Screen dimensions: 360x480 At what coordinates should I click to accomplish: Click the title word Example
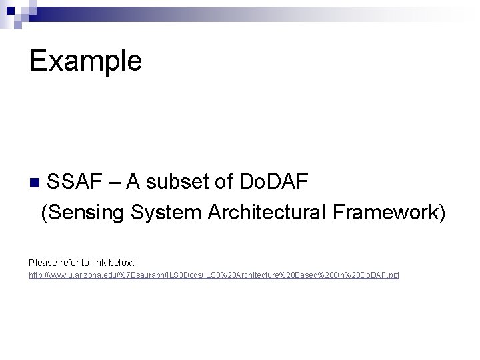pyautogui.click(x=85, y=61)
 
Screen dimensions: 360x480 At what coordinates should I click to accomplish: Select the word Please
pyautogui.click(x=43, y=263)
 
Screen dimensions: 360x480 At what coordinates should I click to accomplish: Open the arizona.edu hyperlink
pyautogui.click(x=213, y=275)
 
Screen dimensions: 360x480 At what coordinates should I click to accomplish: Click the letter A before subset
pyautogui.click(x=133, y=181)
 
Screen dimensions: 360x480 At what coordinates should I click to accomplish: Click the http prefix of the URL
pyautogui.click(x=36, y=275)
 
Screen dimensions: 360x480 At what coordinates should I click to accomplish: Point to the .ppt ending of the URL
pyautogui.click(x=393, y=275)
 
